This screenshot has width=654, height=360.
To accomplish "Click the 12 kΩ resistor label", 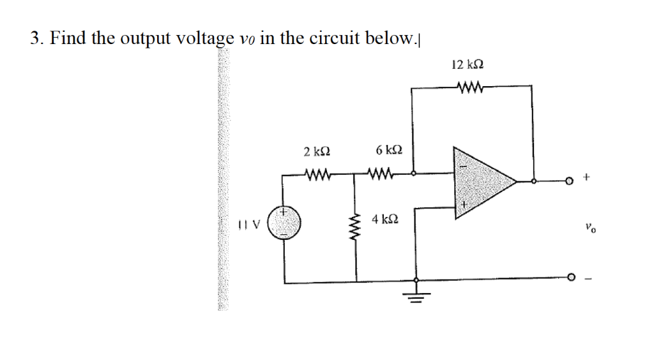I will point(467,64).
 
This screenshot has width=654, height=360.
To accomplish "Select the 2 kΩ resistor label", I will point(317,152).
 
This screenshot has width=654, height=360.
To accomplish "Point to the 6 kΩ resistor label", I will point(389,151).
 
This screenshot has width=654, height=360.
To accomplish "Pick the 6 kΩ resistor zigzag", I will point(381,173).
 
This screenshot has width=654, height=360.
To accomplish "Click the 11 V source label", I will point(247,224).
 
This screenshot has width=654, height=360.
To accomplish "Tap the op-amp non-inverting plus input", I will point(466,205).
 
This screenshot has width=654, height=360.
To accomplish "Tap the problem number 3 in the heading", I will point(35,39).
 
